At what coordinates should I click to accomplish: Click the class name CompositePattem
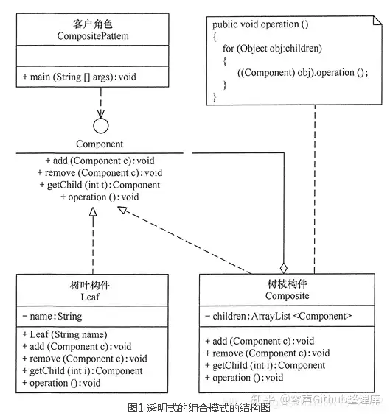point(93,36)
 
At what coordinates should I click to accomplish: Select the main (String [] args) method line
point(79,77)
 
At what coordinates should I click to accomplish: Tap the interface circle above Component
point(101,126)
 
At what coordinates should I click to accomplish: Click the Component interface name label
point(100,144)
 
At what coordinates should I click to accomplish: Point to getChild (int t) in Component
point(100,185)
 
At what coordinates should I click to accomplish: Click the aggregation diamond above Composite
point(284,268)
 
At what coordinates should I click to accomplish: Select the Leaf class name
point(91,297)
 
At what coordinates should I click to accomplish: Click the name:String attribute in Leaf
point(52,317)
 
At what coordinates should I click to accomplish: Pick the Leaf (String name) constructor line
point(65,334)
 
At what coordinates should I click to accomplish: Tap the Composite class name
point(288,295)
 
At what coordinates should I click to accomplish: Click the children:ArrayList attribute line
point(279,316)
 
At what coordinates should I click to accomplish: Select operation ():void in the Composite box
point(244,378)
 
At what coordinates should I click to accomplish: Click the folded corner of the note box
point(377,21)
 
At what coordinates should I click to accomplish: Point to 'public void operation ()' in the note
point(260,24)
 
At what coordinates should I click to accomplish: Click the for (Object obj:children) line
point(272,49)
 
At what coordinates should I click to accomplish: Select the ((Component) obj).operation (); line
point(303,73)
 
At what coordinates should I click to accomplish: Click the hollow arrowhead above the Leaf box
point(93,211)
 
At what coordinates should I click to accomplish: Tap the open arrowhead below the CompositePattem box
point(101,114)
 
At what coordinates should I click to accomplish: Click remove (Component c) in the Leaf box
point(85,359)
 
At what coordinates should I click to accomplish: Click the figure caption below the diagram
point(199,408)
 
